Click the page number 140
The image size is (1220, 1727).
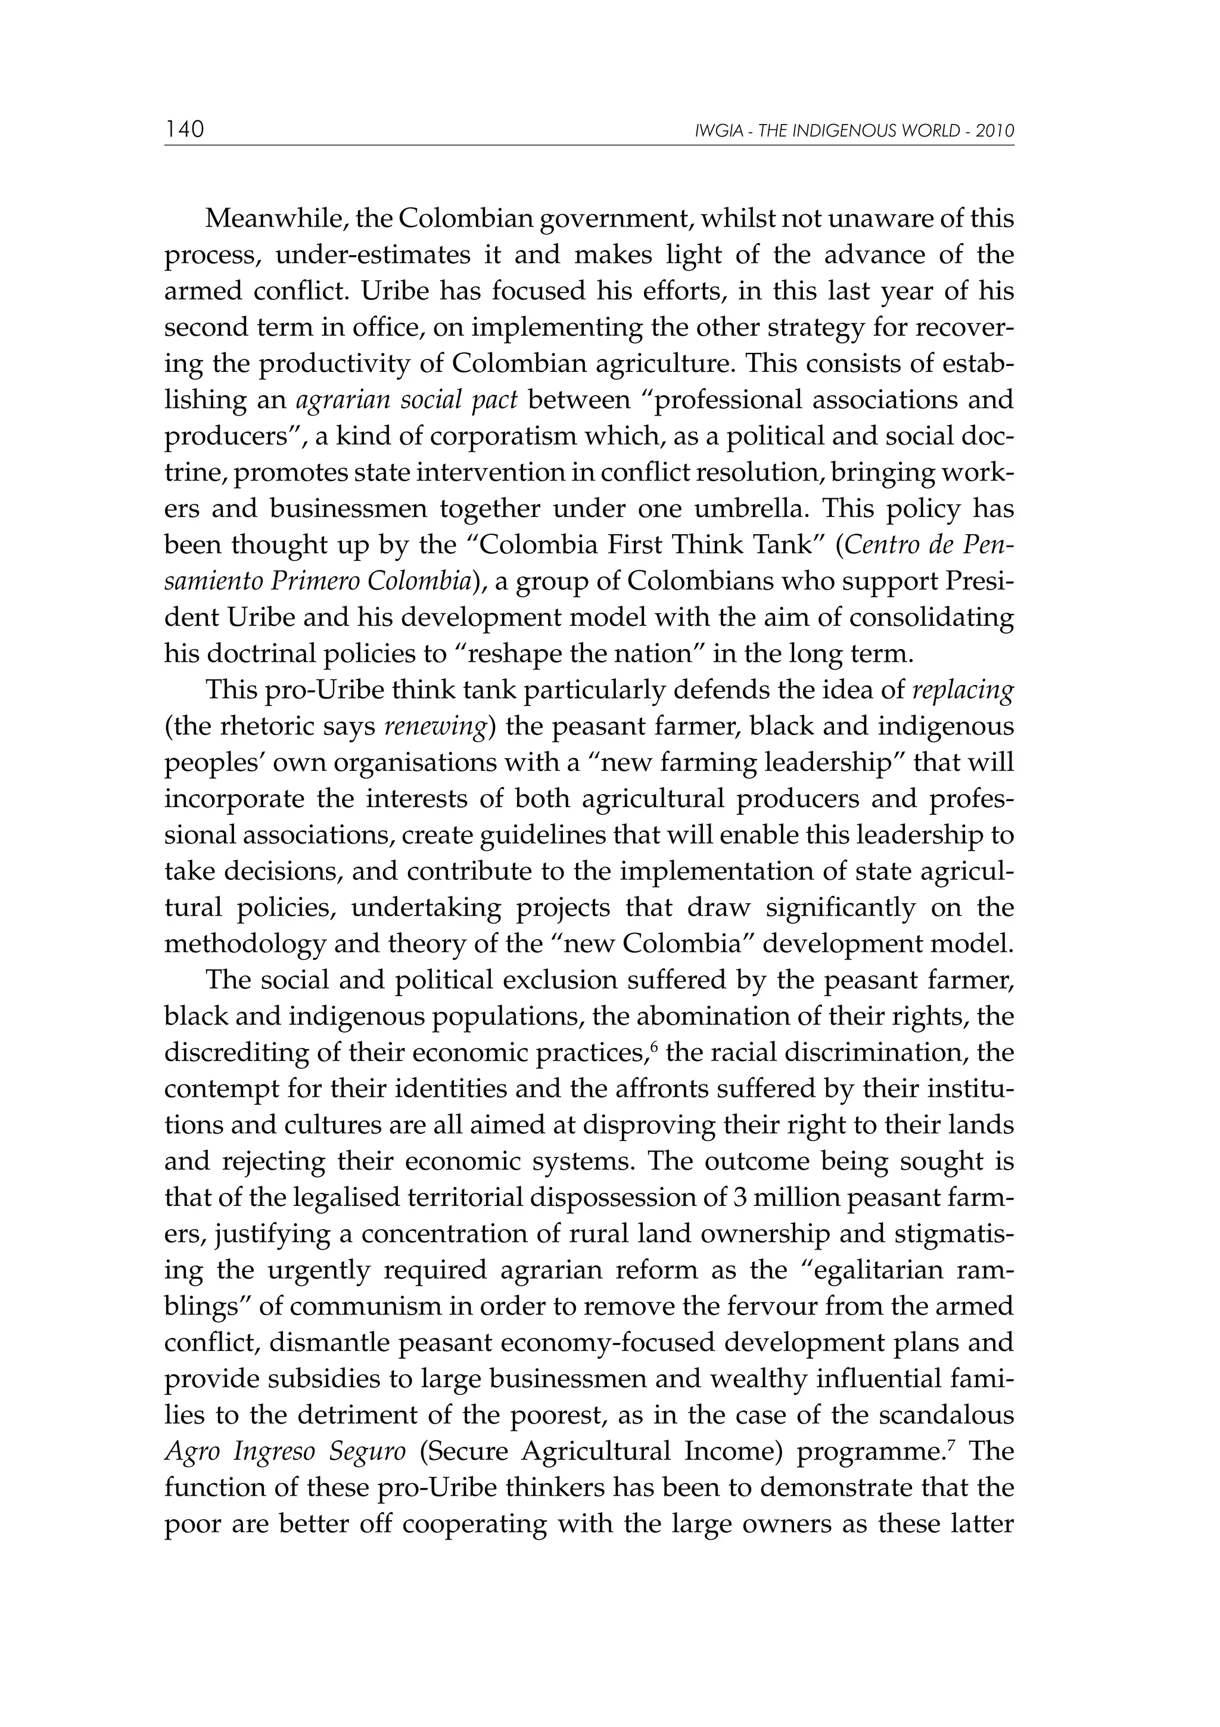184,130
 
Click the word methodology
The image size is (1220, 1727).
244,945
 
